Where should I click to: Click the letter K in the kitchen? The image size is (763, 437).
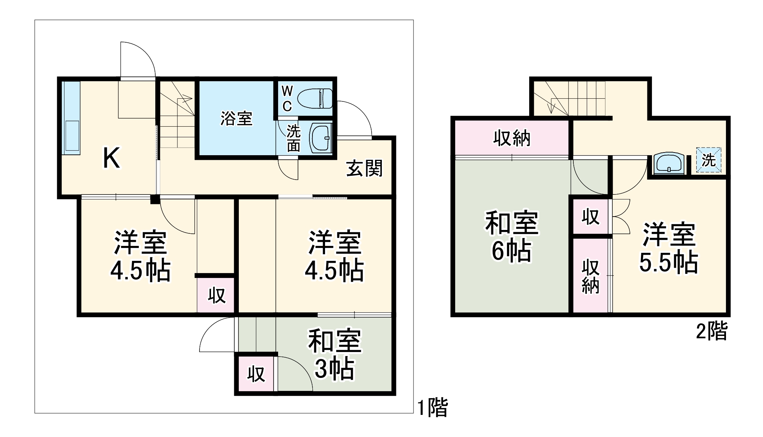click(112, 158)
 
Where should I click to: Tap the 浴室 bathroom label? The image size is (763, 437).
click(236, 119)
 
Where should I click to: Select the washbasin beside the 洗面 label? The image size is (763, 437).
click(321, 137)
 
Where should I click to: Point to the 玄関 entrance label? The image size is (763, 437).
click(364, 168)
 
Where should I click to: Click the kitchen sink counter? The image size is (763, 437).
click(72, 118)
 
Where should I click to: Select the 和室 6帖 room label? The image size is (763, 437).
click(512, 236)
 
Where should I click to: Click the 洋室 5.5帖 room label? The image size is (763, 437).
click(669, 248)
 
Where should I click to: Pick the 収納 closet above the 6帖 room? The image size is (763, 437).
click(512, 138)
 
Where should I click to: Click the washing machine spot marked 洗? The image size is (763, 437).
click(708, 160)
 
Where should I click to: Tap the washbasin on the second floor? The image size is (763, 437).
click(669, 163)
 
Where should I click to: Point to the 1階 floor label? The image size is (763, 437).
click(433, 407)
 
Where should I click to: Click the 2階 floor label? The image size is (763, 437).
click(712, 331)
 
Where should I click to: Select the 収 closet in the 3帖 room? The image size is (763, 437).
click(256, 374)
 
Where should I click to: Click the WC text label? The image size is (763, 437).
click(287, 99)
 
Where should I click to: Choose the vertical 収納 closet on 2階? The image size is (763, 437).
click(590, 276)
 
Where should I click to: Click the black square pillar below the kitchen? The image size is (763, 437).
click(155, 199)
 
